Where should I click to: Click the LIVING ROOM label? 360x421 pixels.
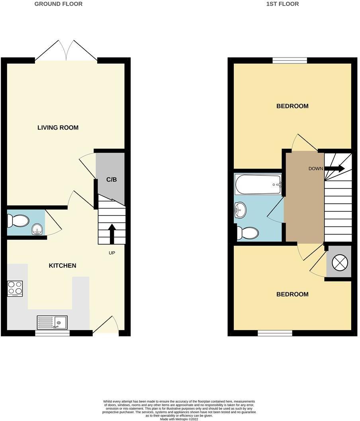click(58, 128)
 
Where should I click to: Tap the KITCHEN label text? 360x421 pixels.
click(63, 266)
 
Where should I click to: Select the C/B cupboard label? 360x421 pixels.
click(112, 179)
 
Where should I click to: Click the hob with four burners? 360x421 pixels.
click(15, 289)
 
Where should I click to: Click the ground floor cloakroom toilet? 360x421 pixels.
click(18, 220)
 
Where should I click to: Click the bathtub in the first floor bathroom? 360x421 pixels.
click(258, 185)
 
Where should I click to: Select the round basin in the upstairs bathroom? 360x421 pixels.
click(241, 210)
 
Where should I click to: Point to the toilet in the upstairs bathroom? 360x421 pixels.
click(247, 233)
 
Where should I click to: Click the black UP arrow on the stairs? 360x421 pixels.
click(112, 234)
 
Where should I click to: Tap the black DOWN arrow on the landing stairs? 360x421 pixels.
click(335, 168)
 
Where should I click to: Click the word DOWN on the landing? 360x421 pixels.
click(316, 169)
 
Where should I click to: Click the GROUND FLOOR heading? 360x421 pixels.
click(59, 4)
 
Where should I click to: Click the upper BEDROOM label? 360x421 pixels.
click(292, 106)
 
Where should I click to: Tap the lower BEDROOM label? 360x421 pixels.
click(292, 294)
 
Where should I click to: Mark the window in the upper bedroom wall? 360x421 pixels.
click(290, 60)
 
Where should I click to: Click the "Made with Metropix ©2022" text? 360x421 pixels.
click(180, 419)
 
